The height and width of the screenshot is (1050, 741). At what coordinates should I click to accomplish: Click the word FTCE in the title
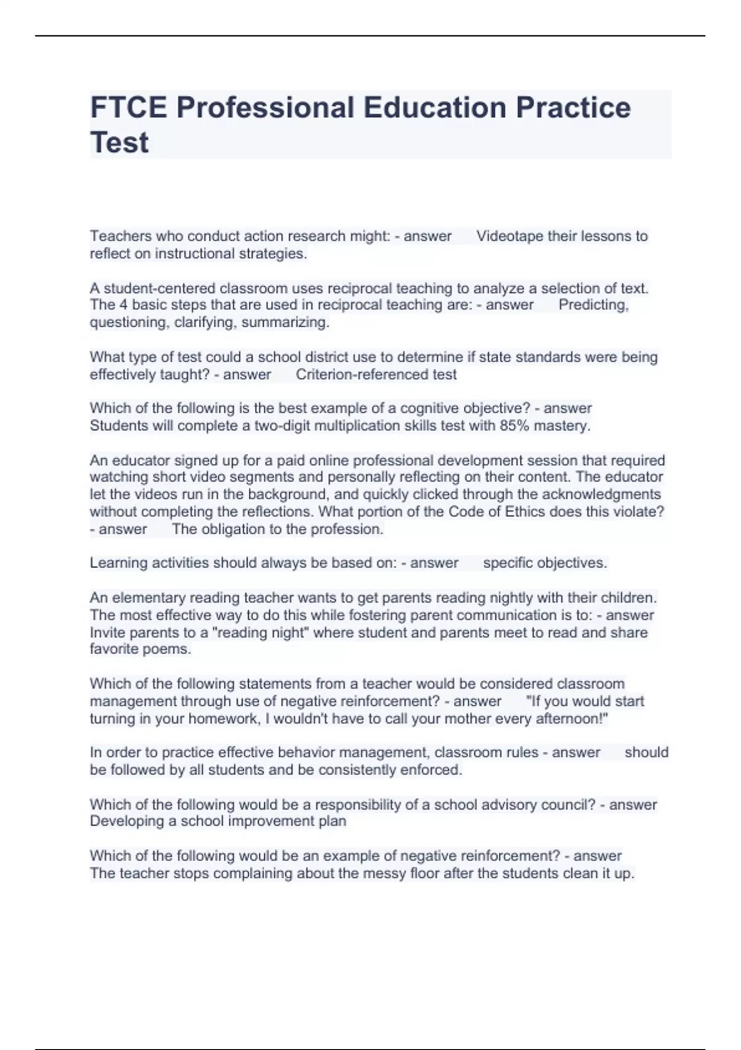tap(128, 107)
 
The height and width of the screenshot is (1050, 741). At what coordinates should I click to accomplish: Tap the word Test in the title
tap(119, 143)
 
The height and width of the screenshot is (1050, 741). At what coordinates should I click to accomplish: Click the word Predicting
tap(593, 305)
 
